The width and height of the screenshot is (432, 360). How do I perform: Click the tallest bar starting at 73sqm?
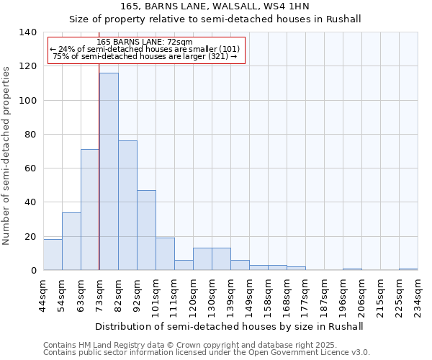click(109, 171)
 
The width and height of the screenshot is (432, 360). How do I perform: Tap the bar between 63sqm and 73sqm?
click(90, 210)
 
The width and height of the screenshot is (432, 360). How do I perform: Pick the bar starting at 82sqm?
click(127, 205)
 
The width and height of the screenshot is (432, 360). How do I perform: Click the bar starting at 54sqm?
click(71, 241)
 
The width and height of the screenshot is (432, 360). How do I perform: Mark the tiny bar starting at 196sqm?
click(352, 269)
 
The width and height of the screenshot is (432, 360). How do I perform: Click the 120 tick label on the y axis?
click(27, 66)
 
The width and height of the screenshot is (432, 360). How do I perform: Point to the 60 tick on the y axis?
click(30, 168)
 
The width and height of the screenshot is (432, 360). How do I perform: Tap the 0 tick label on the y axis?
click(33, 271)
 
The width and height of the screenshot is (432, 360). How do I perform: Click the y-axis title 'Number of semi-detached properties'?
click(7, 155)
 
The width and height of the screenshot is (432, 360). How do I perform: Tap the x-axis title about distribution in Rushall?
click(229, 326)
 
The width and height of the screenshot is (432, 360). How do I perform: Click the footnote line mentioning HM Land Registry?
click(185, 345)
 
